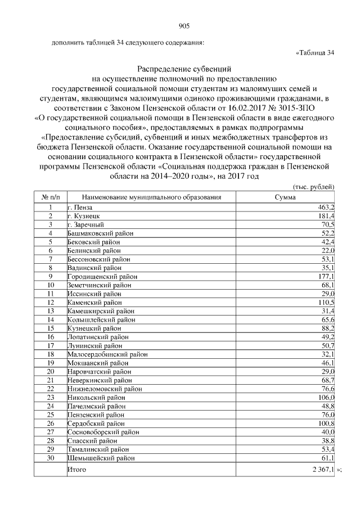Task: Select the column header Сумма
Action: pyautogui.click(x=285, y=197)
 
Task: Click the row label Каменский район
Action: pyautogui.click(x=90, y=303)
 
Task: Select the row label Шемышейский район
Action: pyautogui.click(x=101, y=458)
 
